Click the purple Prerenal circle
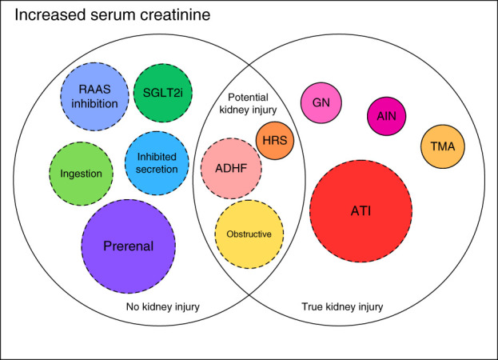click(129, 246)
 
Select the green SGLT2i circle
click(163, 93)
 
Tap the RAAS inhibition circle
click(94, 97)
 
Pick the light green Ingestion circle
click(82, 174)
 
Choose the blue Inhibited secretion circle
click(157, 163)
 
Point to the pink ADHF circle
click(231, 169)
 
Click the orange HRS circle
click(275, 141)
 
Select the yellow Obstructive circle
click(249, 234)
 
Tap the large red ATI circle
click(361, 211)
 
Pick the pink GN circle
click(321, 102)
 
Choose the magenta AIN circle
click(387, 116)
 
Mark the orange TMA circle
click(443, 146)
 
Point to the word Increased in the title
click(50, 15)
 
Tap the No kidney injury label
click(163, 306)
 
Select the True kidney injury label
click(342, 306)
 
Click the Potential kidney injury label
click(248, 103)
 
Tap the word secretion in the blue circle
click(157, 170)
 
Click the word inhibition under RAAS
click(94, 103)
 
